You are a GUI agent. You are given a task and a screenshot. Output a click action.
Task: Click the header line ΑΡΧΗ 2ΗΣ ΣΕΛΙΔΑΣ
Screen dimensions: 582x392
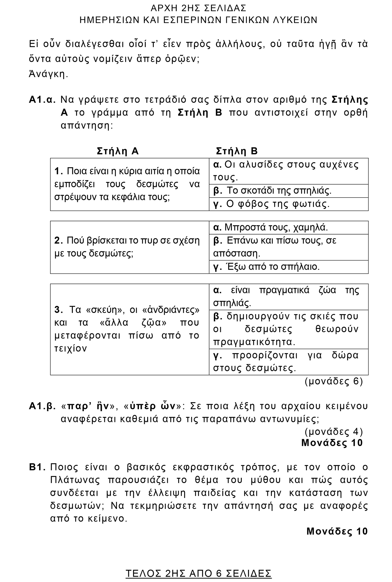(x=199, y=8)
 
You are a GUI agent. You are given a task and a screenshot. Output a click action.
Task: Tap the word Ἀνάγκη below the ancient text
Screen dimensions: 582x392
(x=49, y=74)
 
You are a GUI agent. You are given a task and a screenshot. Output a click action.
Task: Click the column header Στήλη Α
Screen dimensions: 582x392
(x=118, y=151)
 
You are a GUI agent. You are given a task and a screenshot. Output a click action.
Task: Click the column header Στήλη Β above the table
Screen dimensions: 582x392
(x=237, y=151)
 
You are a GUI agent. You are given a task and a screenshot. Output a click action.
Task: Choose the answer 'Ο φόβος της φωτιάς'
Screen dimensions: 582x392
(x=278, y=204)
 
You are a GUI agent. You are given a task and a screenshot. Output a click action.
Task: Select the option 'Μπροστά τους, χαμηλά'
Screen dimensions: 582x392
(x=276, y=227)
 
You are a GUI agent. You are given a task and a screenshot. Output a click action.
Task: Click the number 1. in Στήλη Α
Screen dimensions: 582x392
(x=58, y=171)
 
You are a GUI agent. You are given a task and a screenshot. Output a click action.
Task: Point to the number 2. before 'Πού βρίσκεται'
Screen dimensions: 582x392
(x=58, y=241)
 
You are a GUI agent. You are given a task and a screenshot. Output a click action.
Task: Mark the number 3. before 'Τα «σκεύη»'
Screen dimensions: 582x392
(x=59, y=310)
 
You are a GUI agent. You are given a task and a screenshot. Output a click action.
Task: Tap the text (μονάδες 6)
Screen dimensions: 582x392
(x=334, y=381)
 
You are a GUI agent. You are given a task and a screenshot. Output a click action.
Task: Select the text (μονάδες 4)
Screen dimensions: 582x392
(x=334, y=431)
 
